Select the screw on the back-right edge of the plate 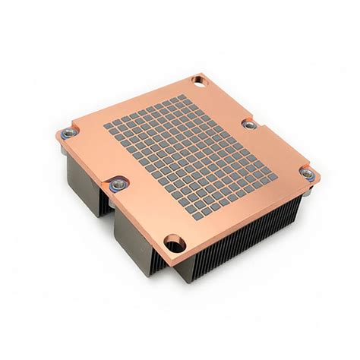pos(250,123)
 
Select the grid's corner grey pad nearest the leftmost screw pos(108,127)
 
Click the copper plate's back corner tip pos(204,73)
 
